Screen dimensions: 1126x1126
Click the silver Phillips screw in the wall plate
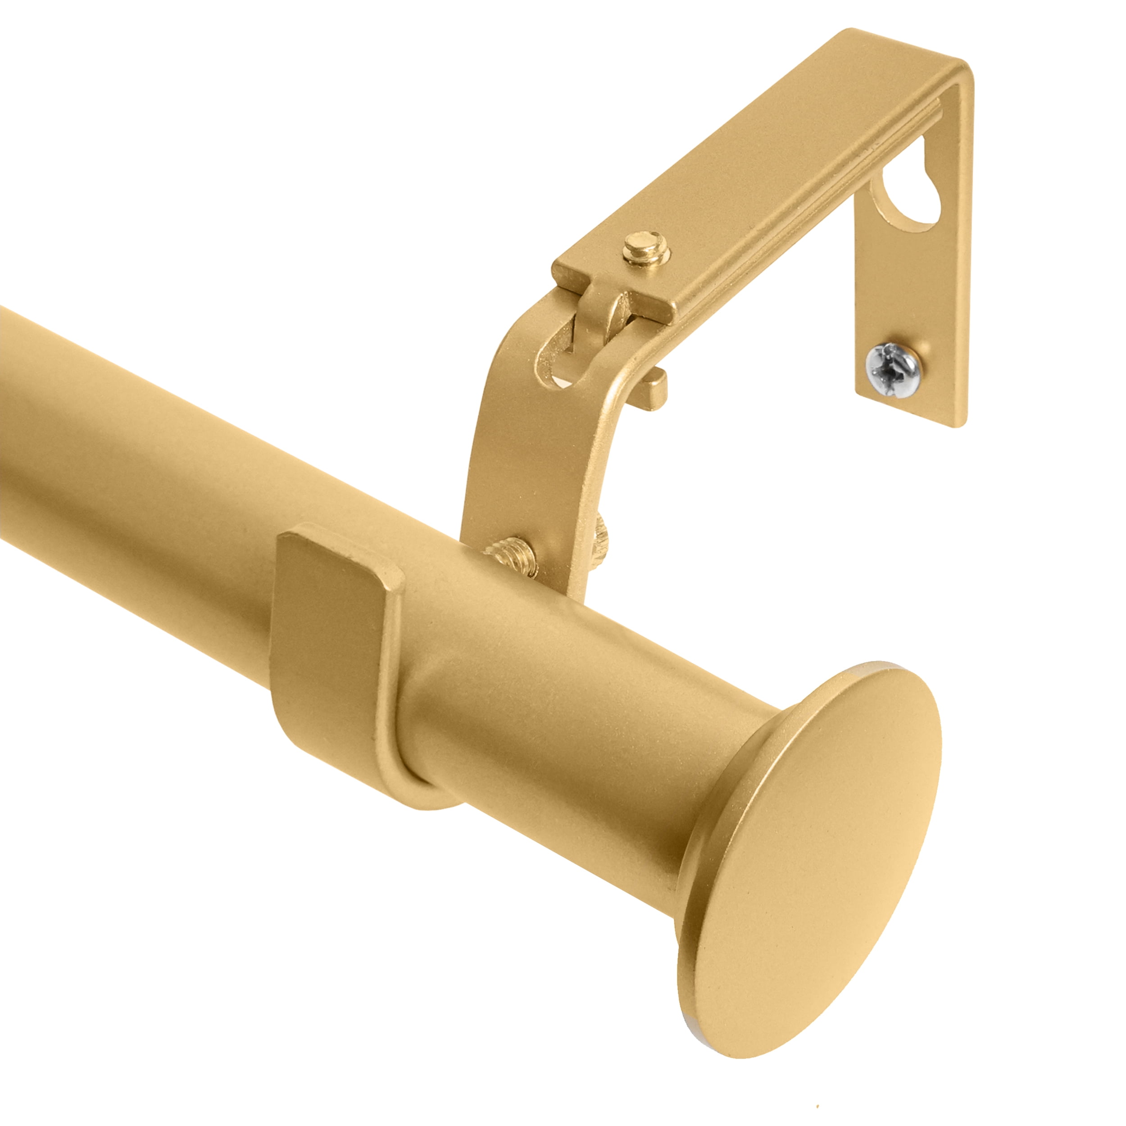click(x=890, y=370)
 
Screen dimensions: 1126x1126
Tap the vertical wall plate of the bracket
click(x=909, y=291)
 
